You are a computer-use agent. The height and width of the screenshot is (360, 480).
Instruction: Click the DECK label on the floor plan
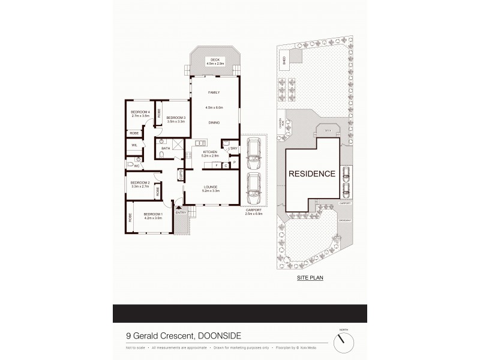214,59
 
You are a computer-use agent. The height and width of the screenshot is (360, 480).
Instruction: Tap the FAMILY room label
214,92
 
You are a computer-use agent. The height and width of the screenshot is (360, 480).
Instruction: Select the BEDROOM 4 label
140,112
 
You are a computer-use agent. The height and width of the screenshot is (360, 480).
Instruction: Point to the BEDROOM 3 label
176,117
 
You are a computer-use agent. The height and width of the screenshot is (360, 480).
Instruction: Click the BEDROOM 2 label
140,182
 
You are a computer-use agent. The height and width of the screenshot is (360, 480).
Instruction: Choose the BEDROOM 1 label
152,214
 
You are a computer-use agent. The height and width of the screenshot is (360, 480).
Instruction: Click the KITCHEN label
209,152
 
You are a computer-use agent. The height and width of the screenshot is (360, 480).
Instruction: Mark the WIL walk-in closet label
134,145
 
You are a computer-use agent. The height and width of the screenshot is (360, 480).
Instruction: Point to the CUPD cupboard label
179,175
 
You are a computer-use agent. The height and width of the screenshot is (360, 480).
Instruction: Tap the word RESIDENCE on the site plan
311,174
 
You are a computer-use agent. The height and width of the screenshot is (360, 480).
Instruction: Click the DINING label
214,122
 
